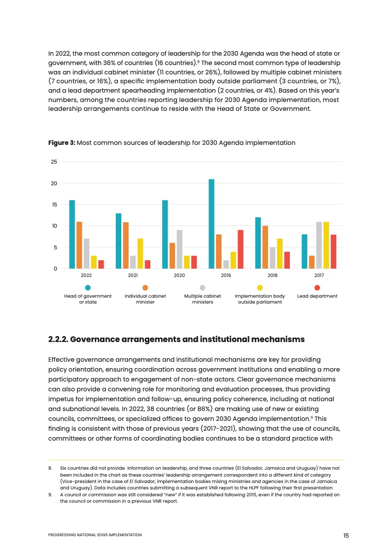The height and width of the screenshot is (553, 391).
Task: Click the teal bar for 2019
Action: tap(212, 224)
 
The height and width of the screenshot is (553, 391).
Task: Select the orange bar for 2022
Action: tap(79, 245)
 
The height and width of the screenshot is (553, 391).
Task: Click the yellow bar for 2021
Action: tap(140, 253)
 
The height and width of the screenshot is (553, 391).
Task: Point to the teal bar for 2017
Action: tap(304, 251)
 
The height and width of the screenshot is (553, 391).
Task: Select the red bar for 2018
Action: tap(287, 260)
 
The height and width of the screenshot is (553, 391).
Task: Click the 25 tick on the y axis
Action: tap(54, 162)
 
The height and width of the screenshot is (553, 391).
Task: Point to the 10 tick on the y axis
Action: tap(54, 226)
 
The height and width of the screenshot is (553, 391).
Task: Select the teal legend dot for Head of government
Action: tap(88, 287)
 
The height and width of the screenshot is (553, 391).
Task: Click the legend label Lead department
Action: tap(317, 296)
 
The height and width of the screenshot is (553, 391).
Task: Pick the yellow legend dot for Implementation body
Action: tap(260, 287)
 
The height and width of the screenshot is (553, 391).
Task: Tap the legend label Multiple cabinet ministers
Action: tap(202, 299)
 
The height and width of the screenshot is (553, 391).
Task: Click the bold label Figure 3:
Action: tap(62, 143)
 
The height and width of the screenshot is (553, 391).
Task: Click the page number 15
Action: tap(346, 536)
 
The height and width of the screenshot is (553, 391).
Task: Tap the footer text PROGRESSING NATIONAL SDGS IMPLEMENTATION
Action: tap(95, 535)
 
